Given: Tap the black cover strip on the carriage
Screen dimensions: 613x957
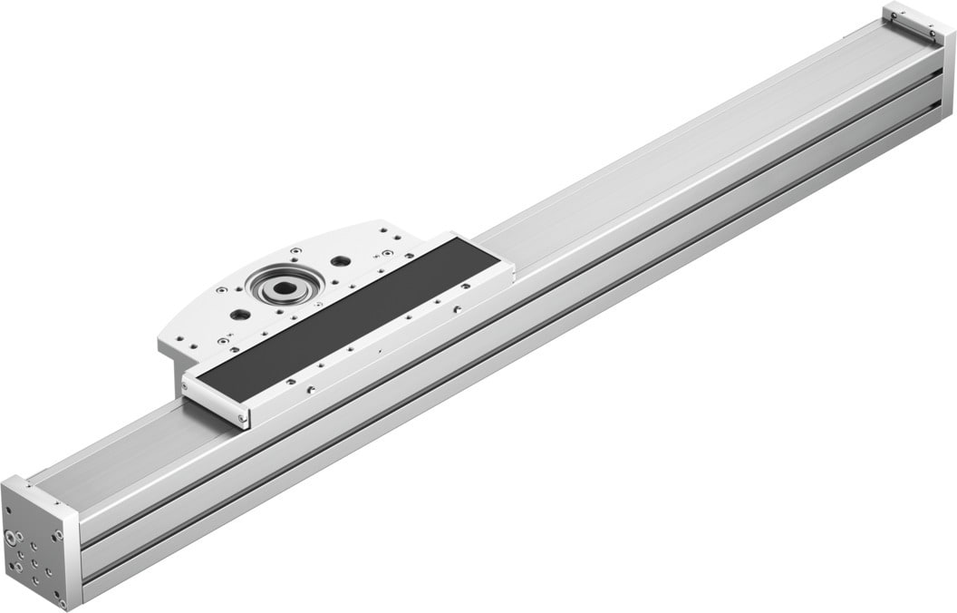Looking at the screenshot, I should pyautogui.click(x=349, y=318).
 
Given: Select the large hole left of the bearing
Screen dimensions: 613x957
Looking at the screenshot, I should pyautogui.click(x=239, y=315).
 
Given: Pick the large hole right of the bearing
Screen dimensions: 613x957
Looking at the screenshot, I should pyautogui.click(x=340, y=261).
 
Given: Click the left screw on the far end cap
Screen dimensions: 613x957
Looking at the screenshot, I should pyautogui.click(x=892, y=15).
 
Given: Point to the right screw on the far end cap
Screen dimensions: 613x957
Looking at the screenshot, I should pyautogui.click(x=931, y=33).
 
